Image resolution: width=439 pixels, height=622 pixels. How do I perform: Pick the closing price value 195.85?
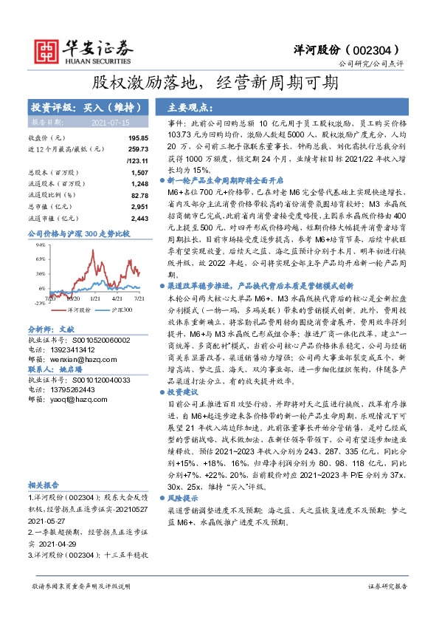point(138,138)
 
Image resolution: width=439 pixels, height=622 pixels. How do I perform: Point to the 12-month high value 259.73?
point(138,148)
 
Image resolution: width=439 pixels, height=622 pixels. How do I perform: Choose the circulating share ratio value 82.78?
point(139,195)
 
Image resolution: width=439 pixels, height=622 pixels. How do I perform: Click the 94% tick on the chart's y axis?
point(41,243)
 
